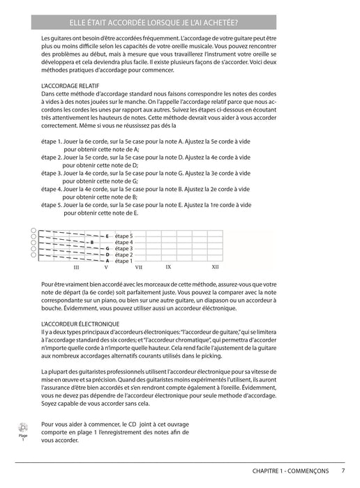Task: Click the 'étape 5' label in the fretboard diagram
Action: (x=123, y=236)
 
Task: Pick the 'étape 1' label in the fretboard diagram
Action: (x=123, y=261)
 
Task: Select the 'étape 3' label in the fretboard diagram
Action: (x=123, y=249)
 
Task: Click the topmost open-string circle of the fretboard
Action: (x=33, y=231)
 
